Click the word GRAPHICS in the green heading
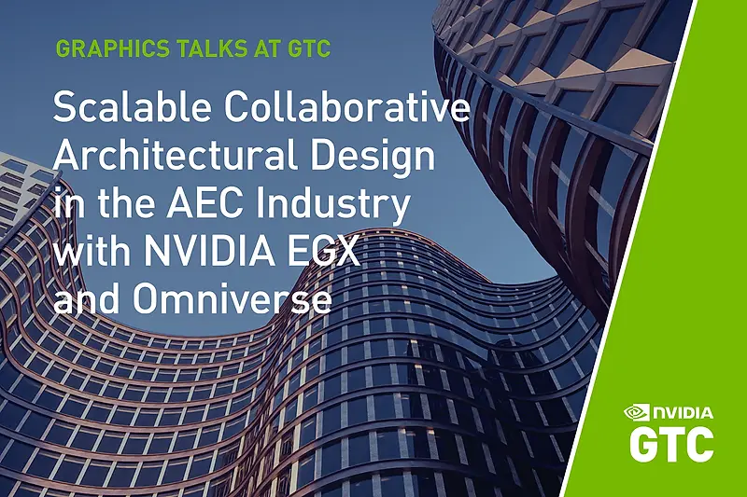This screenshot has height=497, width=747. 112,48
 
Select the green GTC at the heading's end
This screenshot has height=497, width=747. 308,48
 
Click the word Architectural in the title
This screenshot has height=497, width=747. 176,156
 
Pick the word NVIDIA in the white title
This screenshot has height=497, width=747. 210,251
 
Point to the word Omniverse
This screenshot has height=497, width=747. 232,298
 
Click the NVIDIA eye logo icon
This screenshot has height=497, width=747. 637,412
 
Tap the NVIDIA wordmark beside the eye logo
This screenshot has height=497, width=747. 683,413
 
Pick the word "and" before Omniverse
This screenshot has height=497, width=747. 87,298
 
